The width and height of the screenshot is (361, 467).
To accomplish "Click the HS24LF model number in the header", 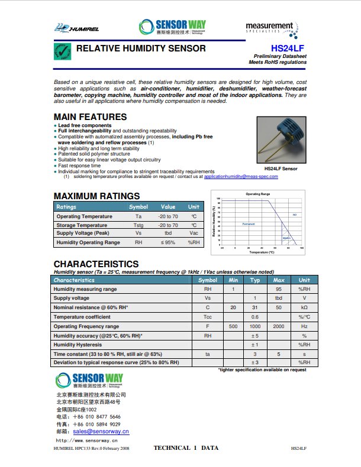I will coord(289,48).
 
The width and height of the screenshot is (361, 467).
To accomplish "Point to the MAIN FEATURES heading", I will coord(90,117).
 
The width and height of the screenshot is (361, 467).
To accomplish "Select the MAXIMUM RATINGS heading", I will coord(96,196).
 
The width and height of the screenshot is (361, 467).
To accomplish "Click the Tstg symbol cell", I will coord(138,225).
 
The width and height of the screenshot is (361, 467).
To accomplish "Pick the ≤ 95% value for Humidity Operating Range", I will coord(168,242).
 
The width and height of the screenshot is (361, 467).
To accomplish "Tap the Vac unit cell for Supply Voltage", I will coord(194,234).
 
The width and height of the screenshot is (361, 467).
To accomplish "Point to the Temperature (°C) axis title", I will coord(261,252).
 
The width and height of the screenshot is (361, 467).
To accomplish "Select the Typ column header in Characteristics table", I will coord(255,280).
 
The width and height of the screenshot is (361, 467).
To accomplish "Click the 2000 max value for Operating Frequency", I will coord(279,326).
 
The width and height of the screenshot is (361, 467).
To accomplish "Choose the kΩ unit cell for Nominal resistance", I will coord(304,308).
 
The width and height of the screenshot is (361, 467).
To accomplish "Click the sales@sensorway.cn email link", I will coord(97,432).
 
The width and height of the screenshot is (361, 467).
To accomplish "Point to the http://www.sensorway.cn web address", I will coord(86,440).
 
